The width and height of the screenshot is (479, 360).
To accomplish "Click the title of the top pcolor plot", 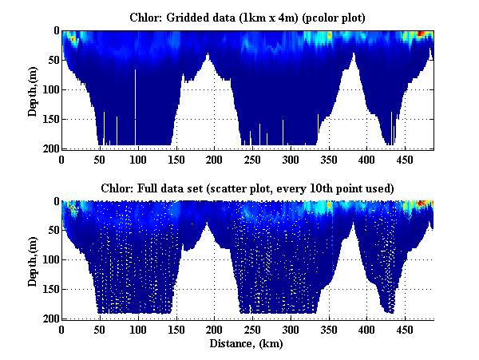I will pos(247,16).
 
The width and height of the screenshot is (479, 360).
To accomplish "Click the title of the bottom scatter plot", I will pos(247,188).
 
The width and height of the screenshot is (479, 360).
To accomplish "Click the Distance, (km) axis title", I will pos(247,344).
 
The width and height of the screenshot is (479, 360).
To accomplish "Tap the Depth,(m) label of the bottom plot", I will pos(33,261).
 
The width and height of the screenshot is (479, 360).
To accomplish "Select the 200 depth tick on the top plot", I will pos(49,148).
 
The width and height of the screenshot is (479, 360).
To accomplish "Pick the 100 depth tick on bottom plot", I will pos(49,260).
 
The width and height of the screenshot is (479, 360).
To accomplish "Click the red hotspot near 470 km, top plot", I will pos(422,34).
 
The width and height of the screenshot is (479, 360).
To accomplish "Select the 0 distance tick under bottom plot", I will pos(62,330).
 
